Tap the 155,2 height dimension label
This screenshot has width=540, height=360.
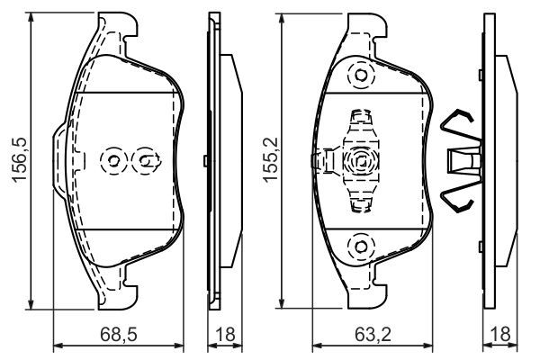click(268, 160)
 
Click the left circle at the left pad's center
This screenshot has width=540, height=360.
click(113, 161)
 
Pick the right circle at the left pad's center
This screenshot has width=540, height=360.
click(144, 161)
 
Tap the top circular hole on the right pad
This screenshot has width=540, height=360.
click(361, 76)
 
